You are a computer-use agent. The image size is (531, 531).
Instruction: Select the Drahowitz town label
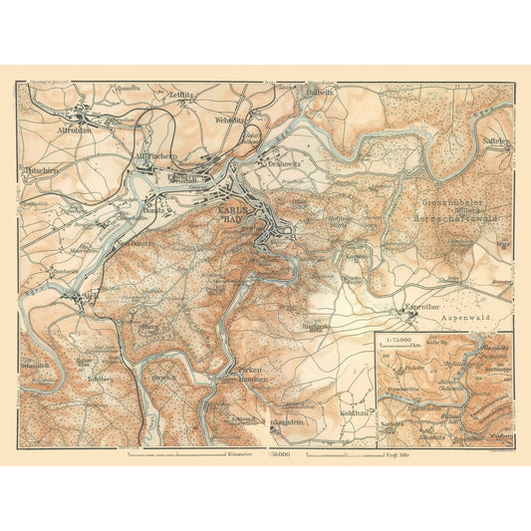[x=276, y=163]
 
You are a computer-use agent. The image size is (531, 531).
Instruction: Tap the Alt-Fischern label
[x=154, y=156]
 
